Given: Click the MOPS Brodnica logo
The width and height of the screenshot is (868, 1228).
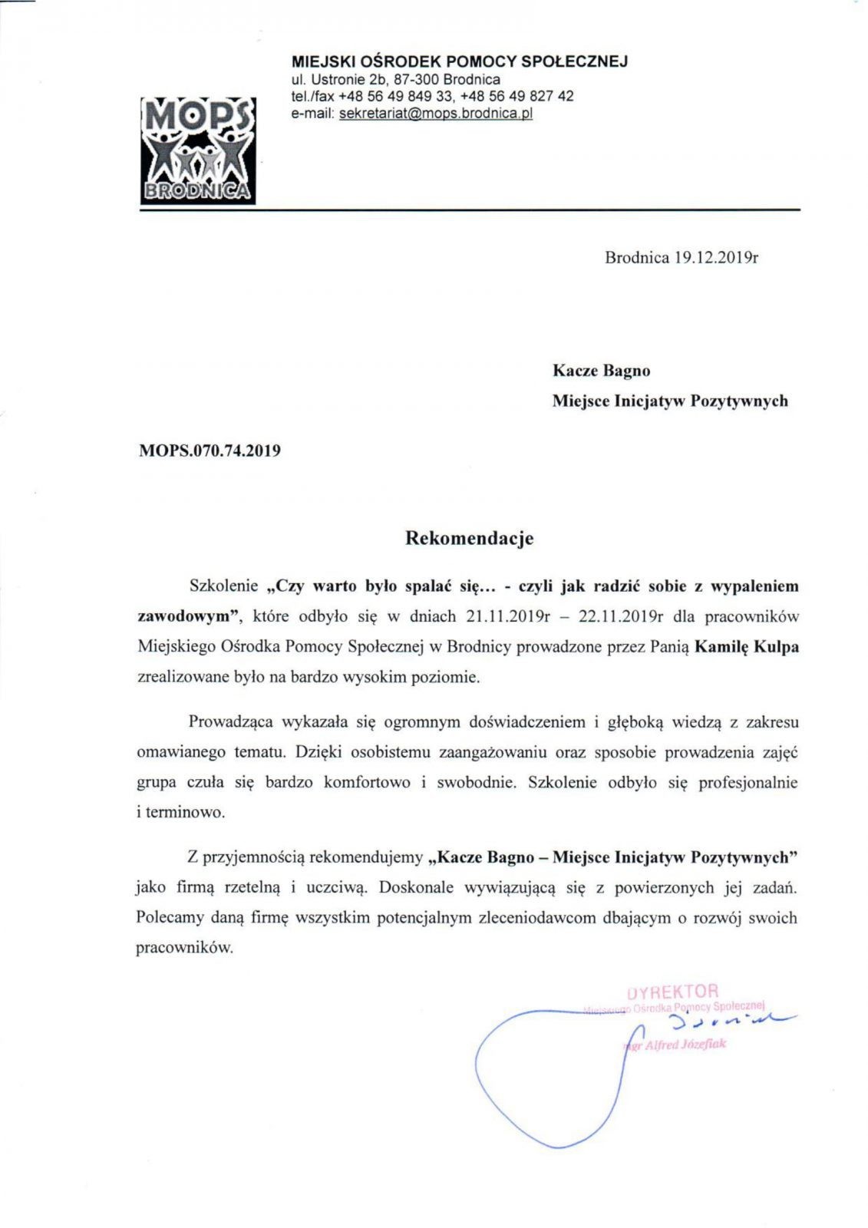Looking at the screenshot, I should tap(197, 150).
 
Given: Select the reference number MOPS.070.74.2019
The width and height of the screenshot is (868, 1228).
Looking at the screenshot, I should tap(209, 451).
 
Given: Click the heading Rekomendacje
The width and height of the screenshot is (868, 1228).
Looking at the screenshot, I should tap(469, 539).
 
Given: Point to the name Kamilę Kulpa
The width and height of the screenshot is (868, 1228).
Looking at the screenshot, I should tap(746, 647).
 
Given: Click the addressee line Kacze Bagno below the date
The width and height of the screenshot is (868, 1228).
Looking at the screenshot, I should tap(601, 371).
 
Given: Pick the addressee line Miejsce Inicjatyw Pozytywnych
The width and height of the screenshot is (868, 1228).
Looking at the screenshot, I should tap(669, 401).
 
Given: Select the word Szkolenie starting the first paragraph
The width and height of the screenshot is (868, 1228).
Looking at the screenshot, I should tap(223, 586).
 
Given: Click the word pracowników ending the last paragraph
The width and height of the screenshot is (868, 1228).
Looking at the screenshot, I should tap(183, 948).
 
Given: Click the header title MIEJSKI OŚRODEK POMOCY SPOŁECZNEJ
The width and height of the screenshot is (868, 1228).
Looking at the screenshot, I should tap(459, 61).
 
